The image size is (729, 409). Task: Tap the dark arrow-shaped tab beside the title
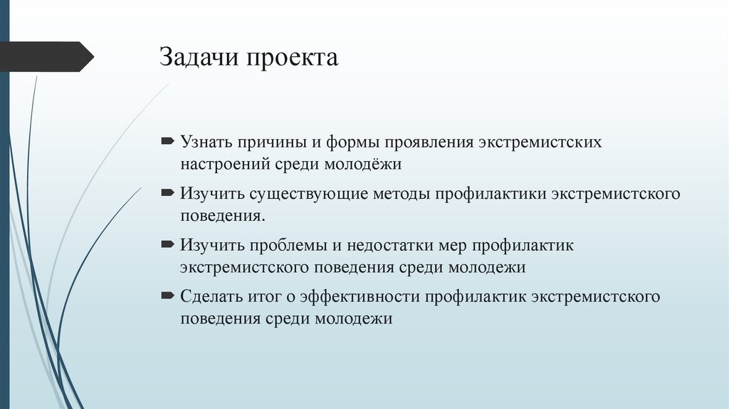46,57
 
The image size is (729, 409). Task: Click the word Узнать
206,143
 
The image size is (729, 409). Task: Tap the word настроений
224,165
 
